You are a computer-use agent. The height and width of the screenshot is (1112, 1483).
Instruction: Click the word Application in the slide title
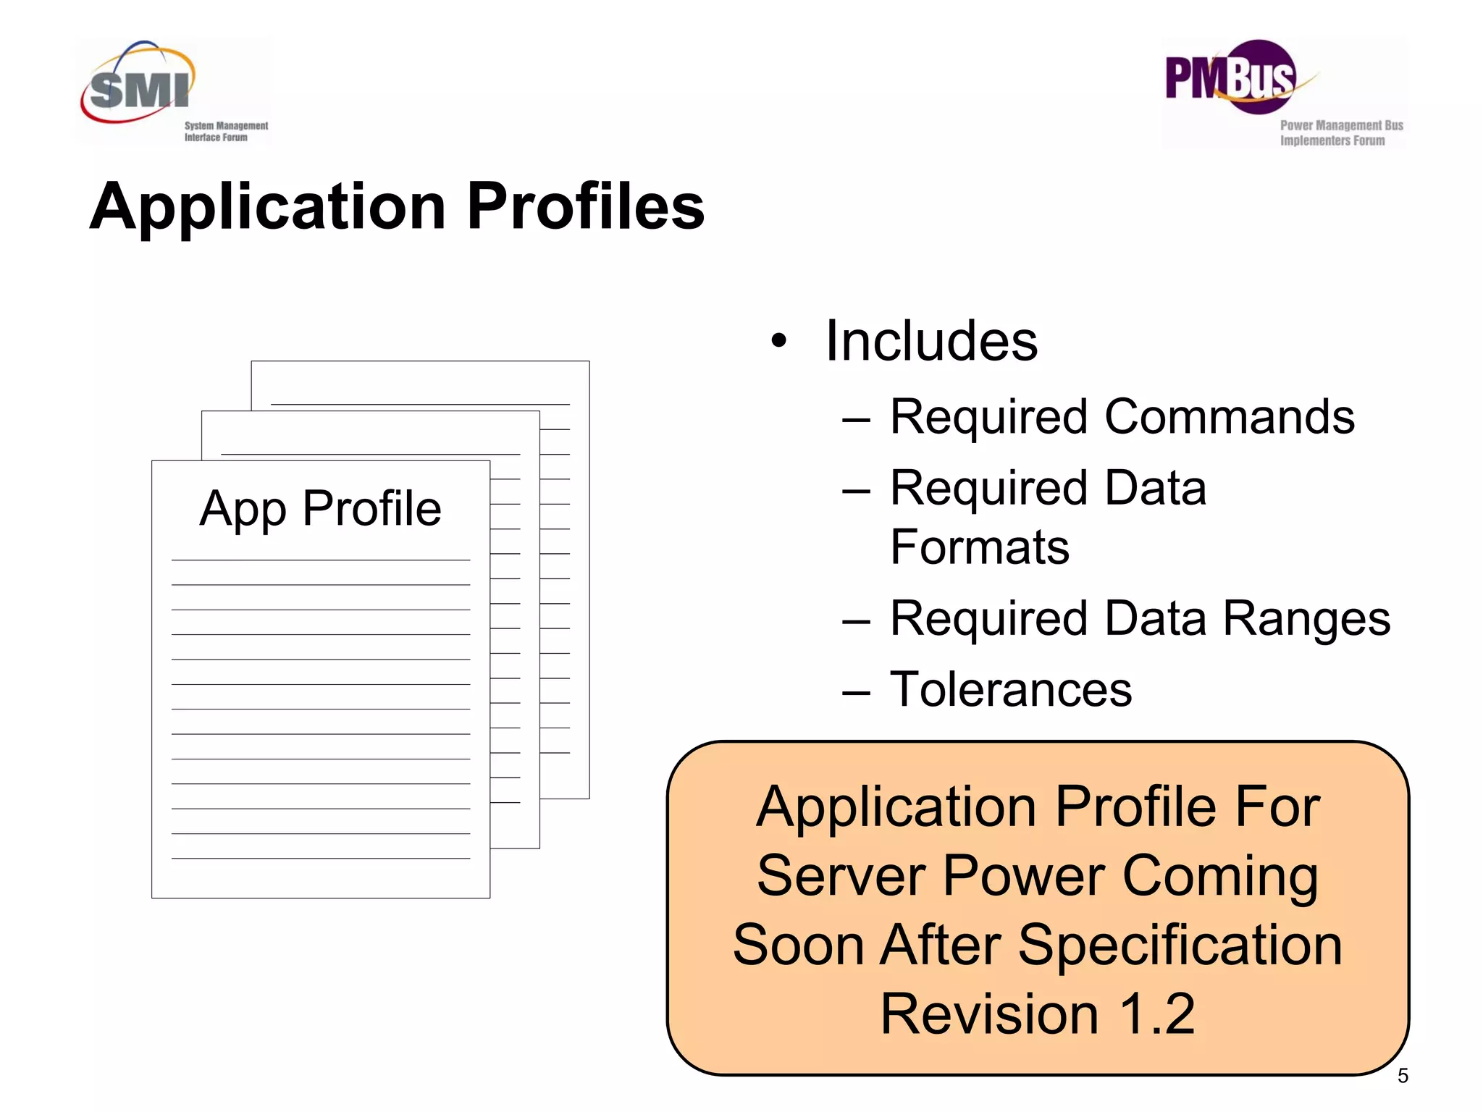click(267, 207)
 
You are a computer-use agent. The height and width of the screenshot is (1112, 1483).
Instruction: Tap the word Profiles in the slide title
click(585, 207)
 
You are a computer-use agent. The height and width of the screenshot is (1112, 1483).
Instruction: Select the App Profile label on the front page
click(320, 509)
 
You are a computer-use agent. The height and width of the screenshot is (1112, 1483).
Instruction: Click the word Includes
click(931, 341)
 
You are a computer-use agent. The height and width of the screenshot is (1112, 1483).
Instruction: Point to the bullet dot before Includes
click(778, 340)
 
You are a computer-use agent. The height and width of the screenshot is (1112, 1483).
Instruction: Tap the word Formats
click(979, 547)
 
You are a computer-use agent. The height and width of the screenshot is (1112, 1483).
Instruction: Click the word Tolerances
click(1010, 689)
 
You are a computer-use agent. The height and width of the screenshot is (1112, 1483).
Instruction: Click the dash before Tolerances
click(856, 692)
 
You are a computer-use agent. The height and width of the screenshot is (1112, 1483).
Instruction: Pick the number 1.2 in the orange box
click(1156, 1014)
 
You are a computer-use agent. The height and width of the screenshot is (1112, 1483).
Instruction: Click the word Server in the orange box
click(841, 877)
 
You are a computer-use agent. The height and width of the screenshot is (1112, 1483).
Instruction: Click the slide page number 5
click(1403, 1076)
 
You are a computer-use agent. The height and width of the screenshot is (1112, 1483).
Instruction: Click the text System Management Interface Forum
click(225, 132)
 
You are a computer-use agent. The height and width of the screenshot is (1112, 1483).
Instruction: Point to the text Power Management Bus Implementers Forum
click(1340, 133)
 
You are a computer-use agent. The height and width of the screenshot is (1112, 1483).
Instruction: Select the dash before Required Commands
click(856, 419)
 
